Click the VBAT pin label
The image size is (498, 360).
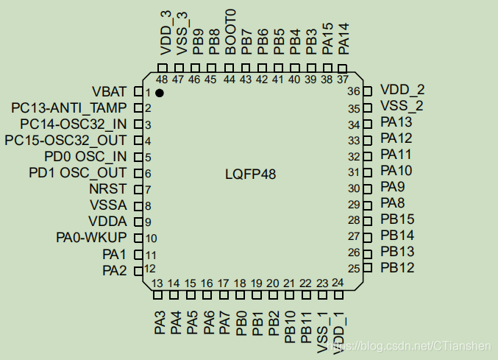(x=109, y=92)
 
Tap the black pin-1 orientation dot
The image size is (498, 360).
(x=159, y=93)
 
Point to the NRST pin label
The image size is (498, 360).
(x=107, y=188)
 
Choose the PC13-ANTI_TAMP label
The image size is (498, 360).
(x=69, y=108)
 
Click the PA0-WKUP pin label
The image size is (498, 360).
(x=91, y=237)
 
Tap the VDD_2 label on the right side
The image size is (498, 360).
(x=402, y=90)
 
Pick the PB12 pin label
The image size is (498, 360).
(x=397, y=268)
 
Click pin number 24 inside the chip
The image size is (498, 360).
(x=338, y=282)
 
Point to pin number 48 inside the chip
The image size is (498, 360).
(x=162, y=79)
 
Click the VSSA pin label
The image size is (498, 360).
(x=108, y=205)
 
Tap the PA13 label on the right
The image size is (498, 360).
(x=397, y=122)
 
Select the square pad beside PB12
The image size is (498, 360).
(x=369, y=268)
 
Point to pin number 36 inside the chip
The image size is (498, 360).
(x=354, y=92)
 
